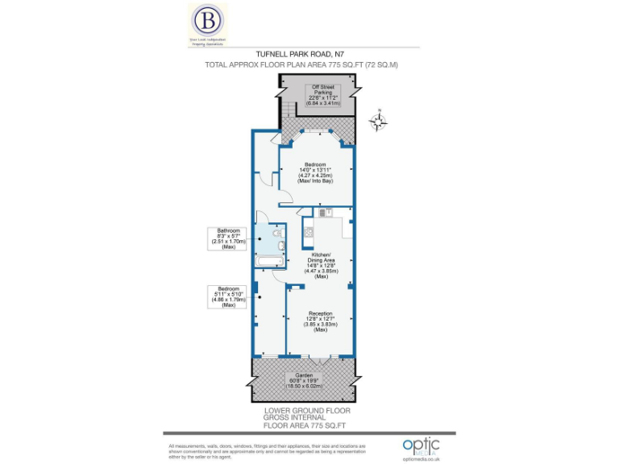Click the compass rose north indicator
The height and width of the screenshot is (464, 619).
(376, 122)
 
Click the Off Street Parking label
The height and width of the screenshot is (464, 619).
(326, 95)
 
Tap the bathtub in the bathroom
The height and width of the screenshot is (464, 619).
(267, 263)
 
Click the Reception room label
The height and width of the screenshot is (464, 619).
(320, 321)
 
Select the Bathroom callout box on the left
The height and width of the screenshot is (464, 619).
(228, 238)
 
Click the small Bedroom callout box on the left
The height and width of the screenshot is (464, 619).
(228, 296)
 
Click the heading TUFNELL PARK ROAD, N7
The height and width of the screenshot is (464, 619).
(311, 54)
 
